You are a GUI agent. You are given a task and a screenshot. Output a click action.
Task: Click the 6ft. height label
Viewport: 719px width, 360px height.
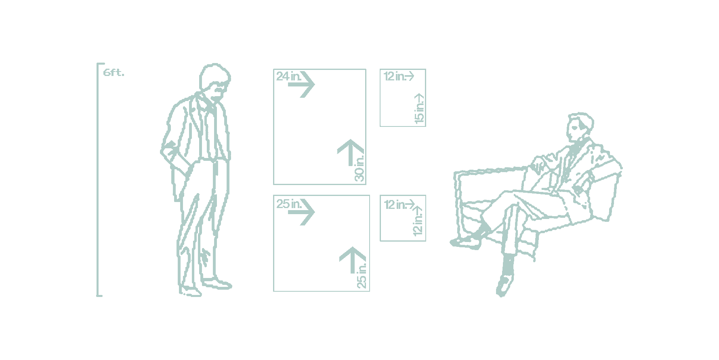coord(114,73)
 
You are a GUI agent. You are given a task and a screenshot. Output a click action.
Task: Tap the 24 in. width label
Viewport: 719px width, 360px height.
coord(288,76)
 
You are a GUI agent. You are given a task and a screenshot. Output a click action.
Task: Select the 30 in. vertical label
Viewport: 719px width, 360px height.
coord(359,168)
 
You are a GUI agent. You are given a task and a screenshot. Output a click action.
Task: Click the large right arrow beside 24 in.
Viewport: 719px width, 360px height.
coord(302,84)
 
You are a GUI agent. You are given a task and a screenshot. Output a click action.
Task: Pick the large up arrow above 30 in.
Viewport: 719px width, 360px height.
coord(351,153)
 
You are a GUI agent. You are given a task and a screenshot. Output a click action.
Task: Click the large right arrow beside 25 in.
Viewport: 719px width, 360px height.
coord(302,212)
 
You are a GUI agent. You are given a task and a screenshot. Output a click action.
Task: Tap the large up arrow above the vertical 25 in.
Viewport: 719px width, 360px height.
coord(353,260)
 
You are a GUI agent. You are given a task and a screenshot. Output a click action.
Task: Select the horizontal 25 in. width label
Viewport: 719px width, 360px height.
coord(289,204)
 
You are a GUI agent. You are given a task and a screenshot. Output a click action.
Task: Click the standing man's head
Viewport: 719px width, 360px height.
coord(214,81)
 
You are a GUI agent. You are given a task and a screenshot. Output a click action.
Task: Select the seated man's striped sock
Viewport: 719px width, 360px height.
coord(507,265)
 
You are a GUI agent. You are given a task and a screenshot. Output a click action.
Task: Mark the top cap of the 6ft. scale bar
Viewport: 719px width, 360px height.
coord(101,64)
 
